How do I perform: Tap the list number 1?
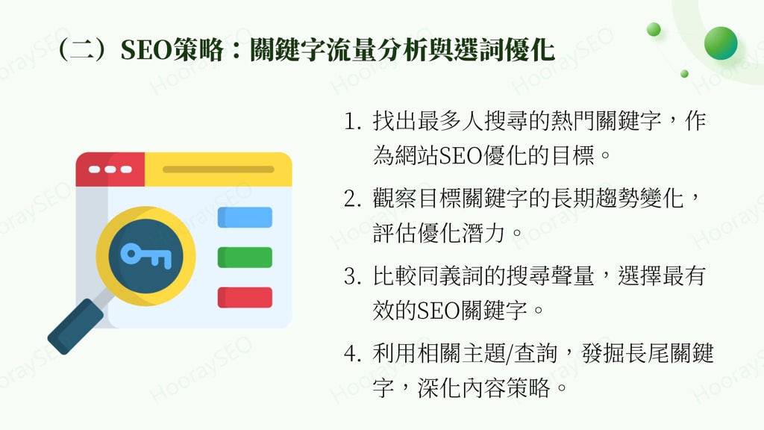351,122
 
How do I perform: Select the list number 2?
351,199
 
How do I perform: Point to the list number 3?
351,276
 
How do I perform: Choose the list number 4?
351,353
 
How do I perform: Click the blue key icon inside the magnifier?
146,255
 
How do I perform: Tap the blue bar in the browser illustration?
245,217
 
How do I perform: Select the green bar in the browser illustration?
245,258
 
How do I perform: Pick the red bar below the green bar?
245,297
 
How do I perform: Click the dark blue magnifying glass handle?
75,325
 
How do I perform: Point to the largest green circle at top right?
720,43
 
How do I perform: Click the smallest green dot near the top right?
684,73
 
